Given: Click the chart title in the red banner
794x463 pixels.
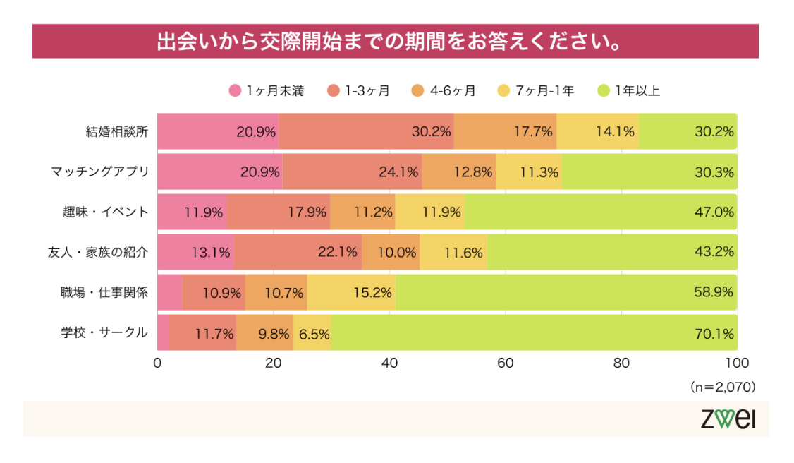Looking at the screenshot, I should pyautogui.click(x=396, y=41).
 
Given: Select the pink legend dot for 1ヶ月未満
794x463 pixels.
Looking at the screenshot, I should pyautogui.click(x=235, y=90).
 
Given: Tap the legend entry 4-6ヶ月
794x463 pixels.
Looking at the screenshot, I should pyautogui.click(x=453, y=90).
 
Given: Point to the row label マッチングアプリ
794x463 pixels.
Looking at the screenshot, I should pyautogui.click(x=99, y=172).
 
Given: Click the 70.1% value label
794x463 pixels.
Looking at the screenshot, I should pyautogui.click(x=714, y=333).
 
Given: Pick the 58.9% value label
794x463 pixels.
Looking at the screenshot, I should pyautogui.click(x=714, y=293).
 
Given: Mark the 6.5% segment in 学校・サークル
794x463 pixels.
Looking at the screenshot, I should pyautogui.click(x=312, y=333).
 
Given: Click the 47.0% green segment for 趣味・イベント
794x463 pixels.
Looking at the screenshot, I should pyautogui.click(x=599, y=212).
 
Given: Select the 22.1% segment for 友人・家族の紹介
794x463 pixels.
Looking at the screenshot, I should pyautogui.click(x=298, y=252).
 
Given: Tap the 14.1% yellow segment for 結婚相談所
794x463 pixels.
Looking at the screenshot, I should pyautogui.click(x=597, y=131).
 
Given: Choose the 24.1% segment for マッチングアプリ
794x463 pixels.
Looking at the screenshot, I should pyautogui.click(x=352, y=172).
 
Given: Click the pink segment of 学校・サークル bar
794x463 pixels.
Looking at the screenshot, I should pyautogui.click(x=163, y=333).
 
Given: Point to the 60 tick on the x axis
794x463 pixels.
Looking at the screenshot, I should pyautogui.click(x=505, y=363).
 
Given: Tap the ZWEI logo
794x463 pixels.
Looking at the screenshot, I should pyautogui.click(x=728, y=420).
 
